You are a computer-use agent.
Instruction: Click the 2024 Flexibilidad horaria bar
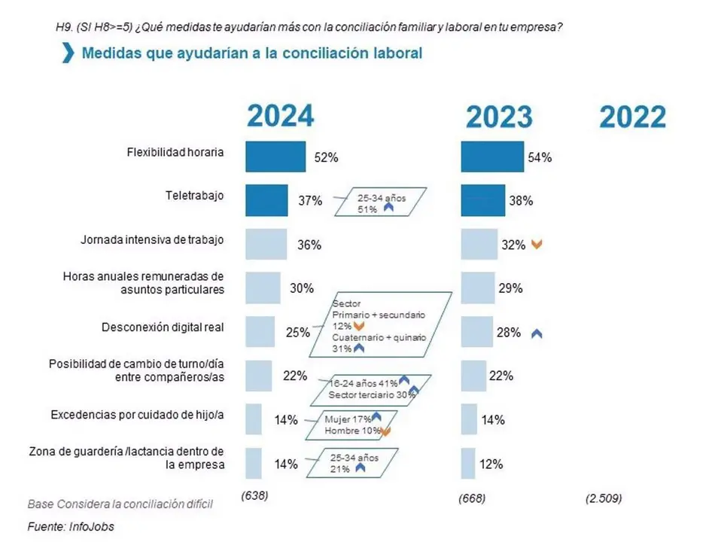coord(275,157)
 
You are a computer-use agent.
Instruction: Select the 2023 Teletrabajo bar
coord(482,200)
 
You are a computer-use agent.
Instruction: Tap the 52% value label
coord(326,158)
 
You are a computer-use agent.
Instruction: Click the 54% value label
coord(540,158)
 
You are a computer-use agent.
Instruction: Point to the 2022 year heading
coord(632,117)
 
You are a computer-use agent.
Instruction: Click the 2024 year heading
coord(281,116)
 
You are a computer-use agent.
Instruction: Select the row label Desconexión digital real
coord(163,328)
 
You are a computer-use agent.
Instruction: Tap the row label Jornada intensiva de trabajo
coord(152,241)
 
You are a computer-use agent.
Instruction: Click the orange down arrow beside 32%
coord(537,245)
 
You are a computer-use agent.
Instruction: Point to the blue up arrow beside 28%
coord(537,333)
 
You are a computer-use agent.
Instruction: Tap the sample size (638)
coord(255,496)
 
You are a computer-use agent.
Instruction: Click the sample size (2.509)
coord(604,498)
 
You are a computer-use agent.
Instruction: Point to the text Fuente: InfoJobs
coord(71,526)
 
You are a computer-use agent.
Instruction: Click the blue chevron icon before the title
coord(68,53)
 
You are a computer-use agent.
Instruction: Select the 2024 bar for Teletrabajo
coord(266,200)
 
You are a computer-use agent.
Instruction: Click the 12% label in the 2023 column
coord(491,464)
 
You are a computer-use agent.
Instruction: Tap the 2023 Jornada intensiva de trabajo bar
coord(479,245)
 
